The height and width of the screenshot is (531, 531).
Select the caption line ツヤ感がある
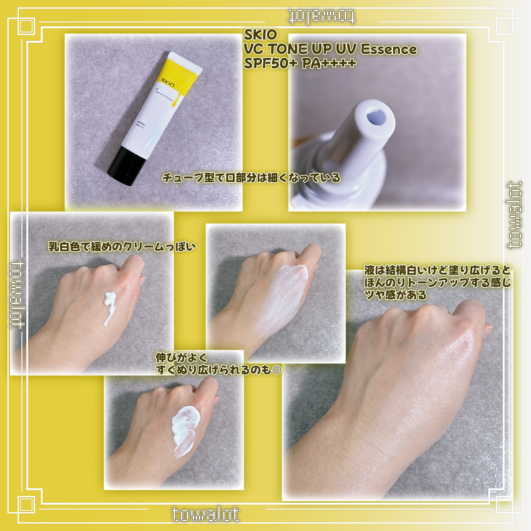(395, 295)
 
